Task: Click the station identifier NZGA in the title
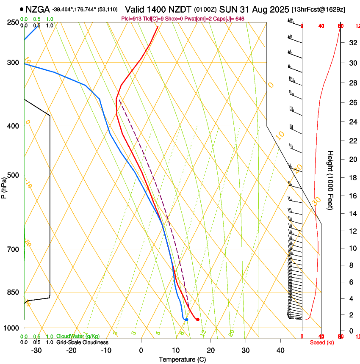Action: [x=37, y=9]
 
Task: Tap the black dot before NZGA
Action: [x=22, y=9]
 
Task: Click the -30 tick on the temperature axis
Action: [x=36, y=350]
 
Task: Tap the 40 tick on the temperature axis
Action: [x=280, y=350]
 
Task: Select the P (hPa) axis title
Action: [x=4, y=187]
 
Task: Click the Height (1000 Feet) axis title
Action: [x=330, y=180]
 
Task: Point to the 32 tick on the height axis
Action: [x=352, y=42]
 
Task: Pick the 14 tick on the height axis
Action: [x=352, y=214]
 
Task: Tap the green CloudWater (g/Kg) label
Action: [x=78, y=336]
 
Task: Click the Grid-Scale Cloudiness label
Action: [x=82, y=342]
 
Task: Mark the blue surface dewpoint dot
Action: [x=186, y=320]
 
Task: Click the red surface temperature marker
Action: [x=198, y=320]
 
